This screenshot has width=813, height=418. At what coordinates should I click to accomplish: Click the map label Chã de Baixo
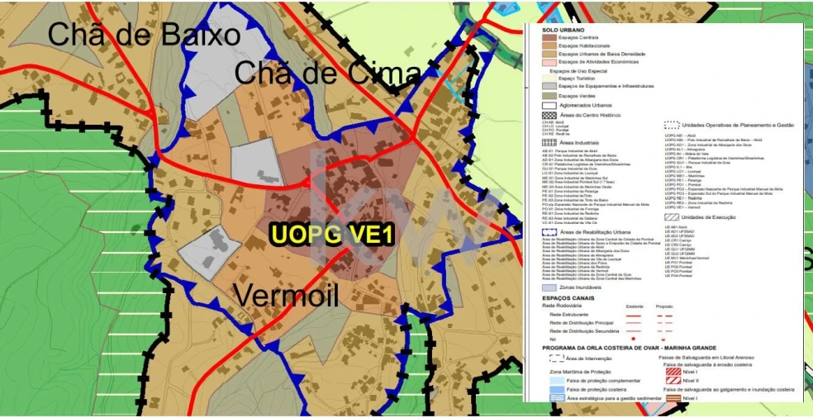pos(144,34)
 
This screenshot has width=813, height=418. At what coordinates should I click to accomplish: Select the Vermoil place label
pos(287,294)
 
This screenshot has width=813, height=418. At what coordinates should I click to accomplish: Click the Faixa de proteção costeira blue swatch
pos(549,388)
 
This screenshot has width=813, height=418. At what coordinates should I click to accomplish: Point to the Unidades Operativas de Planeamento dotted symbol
pos(672,126)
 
